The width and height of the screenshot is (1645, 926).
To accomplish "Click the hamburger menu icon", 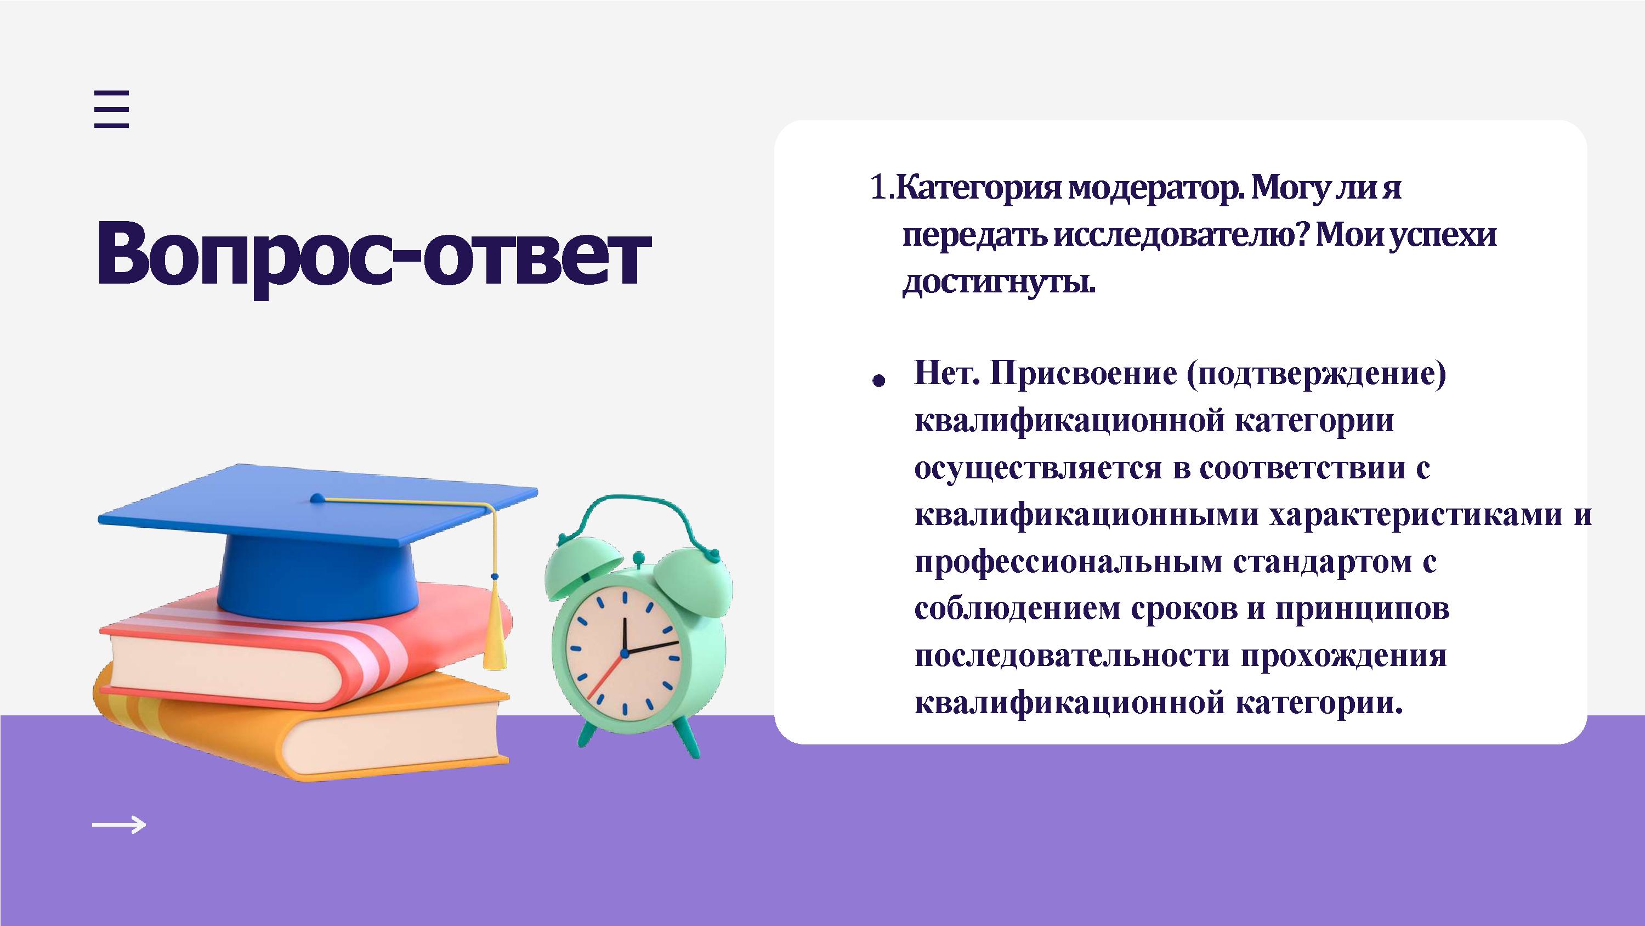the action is (x=112, y=109).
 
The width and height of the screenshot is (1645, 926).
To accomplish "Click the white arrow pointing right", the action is (x=119, y=825).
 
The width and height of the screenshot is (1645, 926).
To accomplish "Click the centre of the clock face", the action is (x=625, y=652).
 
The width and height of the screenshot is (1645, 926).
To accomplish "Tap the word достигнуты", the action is (x=998, y=283).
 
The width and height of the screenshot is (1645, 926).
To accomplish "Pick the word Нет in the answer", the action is (x=947, y=374).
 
